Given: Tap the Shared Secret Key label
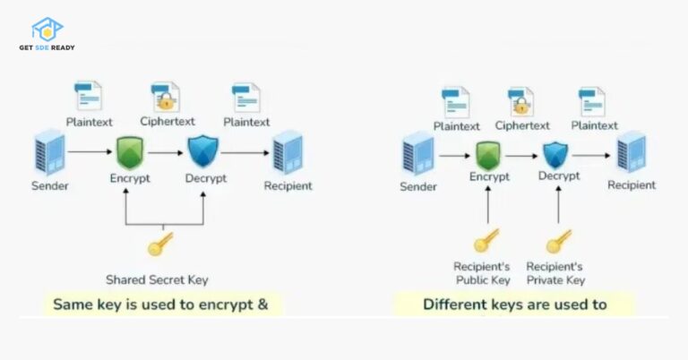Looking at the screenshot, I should [x=157, y=279].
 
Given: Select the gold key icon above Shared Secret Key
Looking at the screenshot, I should [x=160, y=245].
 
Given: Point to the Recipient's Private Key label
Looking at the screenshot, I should [x=555, y=272].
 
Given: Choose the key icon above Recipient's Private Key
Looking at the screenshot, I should [x=558, y=240].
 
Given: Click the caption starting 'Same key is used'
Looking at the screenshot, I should [x=160, y=304].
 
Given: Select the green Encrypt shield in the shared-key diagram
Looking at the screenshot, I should [x=131, y=152].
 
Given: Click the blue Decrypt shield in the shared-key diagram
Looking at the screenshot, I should [x=203, y=151].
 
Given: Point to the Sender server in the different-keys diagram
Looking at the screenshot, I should [x=418, y=154].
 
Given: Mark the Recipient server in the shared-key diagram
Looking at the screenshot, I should [x=288, y=152].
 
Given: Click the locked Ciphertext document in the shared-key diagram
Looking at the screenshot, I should [x=167, y=98].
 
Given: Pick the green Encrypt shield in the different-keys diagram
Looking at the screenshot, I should [x=487, y=155].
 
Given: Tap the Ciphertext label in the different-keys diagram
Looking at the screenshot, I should [x=522, y=126].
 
